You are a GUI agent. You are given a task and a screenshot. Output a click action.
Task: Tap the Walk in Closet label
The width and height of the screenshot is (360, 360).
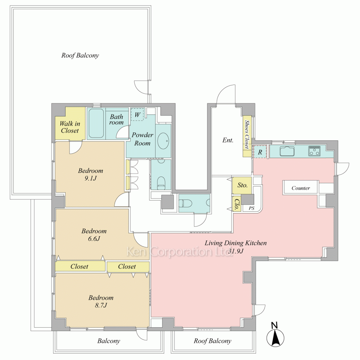[70, 127]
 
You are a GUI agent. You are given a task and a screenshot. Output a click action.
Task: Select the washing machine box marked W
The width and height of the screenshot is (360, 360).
[137, 114]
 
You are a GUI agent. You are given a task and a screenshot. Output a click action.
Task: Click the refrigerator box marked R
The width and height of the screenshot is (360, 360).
[260, 152]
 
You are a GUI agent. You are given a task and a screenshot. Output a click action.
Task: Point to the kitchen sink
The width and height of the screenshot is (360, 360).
[287, 151]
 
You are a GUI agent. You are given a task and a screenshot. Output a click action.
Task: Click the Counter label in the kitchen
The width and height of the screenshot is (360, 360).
[301, 188]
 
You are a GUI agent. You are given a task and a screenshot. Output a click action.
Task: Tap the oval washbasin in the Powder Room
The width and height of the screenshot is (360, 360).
[163, 141]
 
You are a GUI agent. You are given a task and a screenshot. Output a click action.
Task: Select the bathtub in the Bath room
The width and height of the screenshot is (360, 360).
[96, 123]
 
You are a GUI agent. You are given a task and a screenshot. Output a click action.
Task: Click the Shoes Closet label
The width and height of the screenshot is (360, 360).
[247, 134]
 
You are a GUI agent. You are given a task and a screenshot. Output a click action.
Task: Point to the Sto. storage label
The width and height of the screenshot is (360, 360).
[242, 185]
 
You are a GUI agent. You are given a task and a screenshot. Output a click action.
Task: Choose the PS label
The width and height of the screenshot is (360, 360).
[252, 208]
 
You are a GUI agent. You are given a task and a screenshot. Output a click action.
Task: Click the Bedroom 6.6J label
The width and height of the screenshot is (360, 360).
[94, 235]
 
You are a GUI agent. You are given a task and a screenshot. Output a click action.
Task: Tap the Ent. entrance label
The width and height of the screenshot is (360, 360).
[228, 140]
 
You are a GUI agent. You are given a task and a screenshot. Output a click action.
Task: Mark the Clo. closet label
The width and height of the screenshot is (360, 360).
[236, 203]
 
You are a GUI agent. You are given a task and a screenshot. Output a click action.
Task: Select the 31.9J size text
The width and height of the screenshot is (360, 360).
[236, 251]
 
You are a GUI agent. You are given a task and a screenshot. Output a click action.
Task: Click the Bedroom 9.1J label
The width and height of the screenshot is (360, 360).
[90, 174]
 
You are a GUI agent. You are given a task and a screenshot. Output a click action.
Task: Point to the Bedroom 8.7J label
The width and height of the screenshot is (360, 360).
[101, 301]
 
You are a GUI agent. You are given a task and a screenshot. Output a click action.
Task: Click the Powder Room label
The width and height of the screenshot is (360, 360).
[142, 139]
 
